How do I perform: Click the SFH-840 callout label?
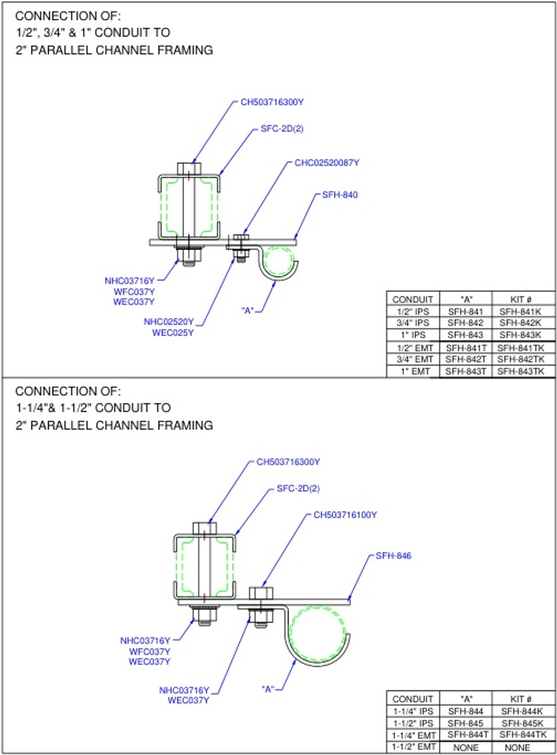tap(340, 195)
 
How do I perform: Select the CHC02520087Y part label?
tap(327, 162)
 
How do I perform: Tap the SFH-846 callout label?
tap(393, 555)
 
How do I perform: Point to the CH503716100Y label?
tap(345, 515)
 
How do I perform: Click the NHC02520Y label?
tap(168, 322)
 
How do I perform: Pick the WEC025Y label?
tap(173, 333)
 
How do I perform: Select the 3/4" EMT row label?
tap(413, 359)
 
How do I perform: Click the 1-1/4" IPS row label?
tap(413, 711)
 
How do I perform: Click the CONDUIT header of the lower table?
tap(413, 699)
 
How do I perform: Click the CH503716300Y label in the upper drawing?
tap(272, 101)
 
